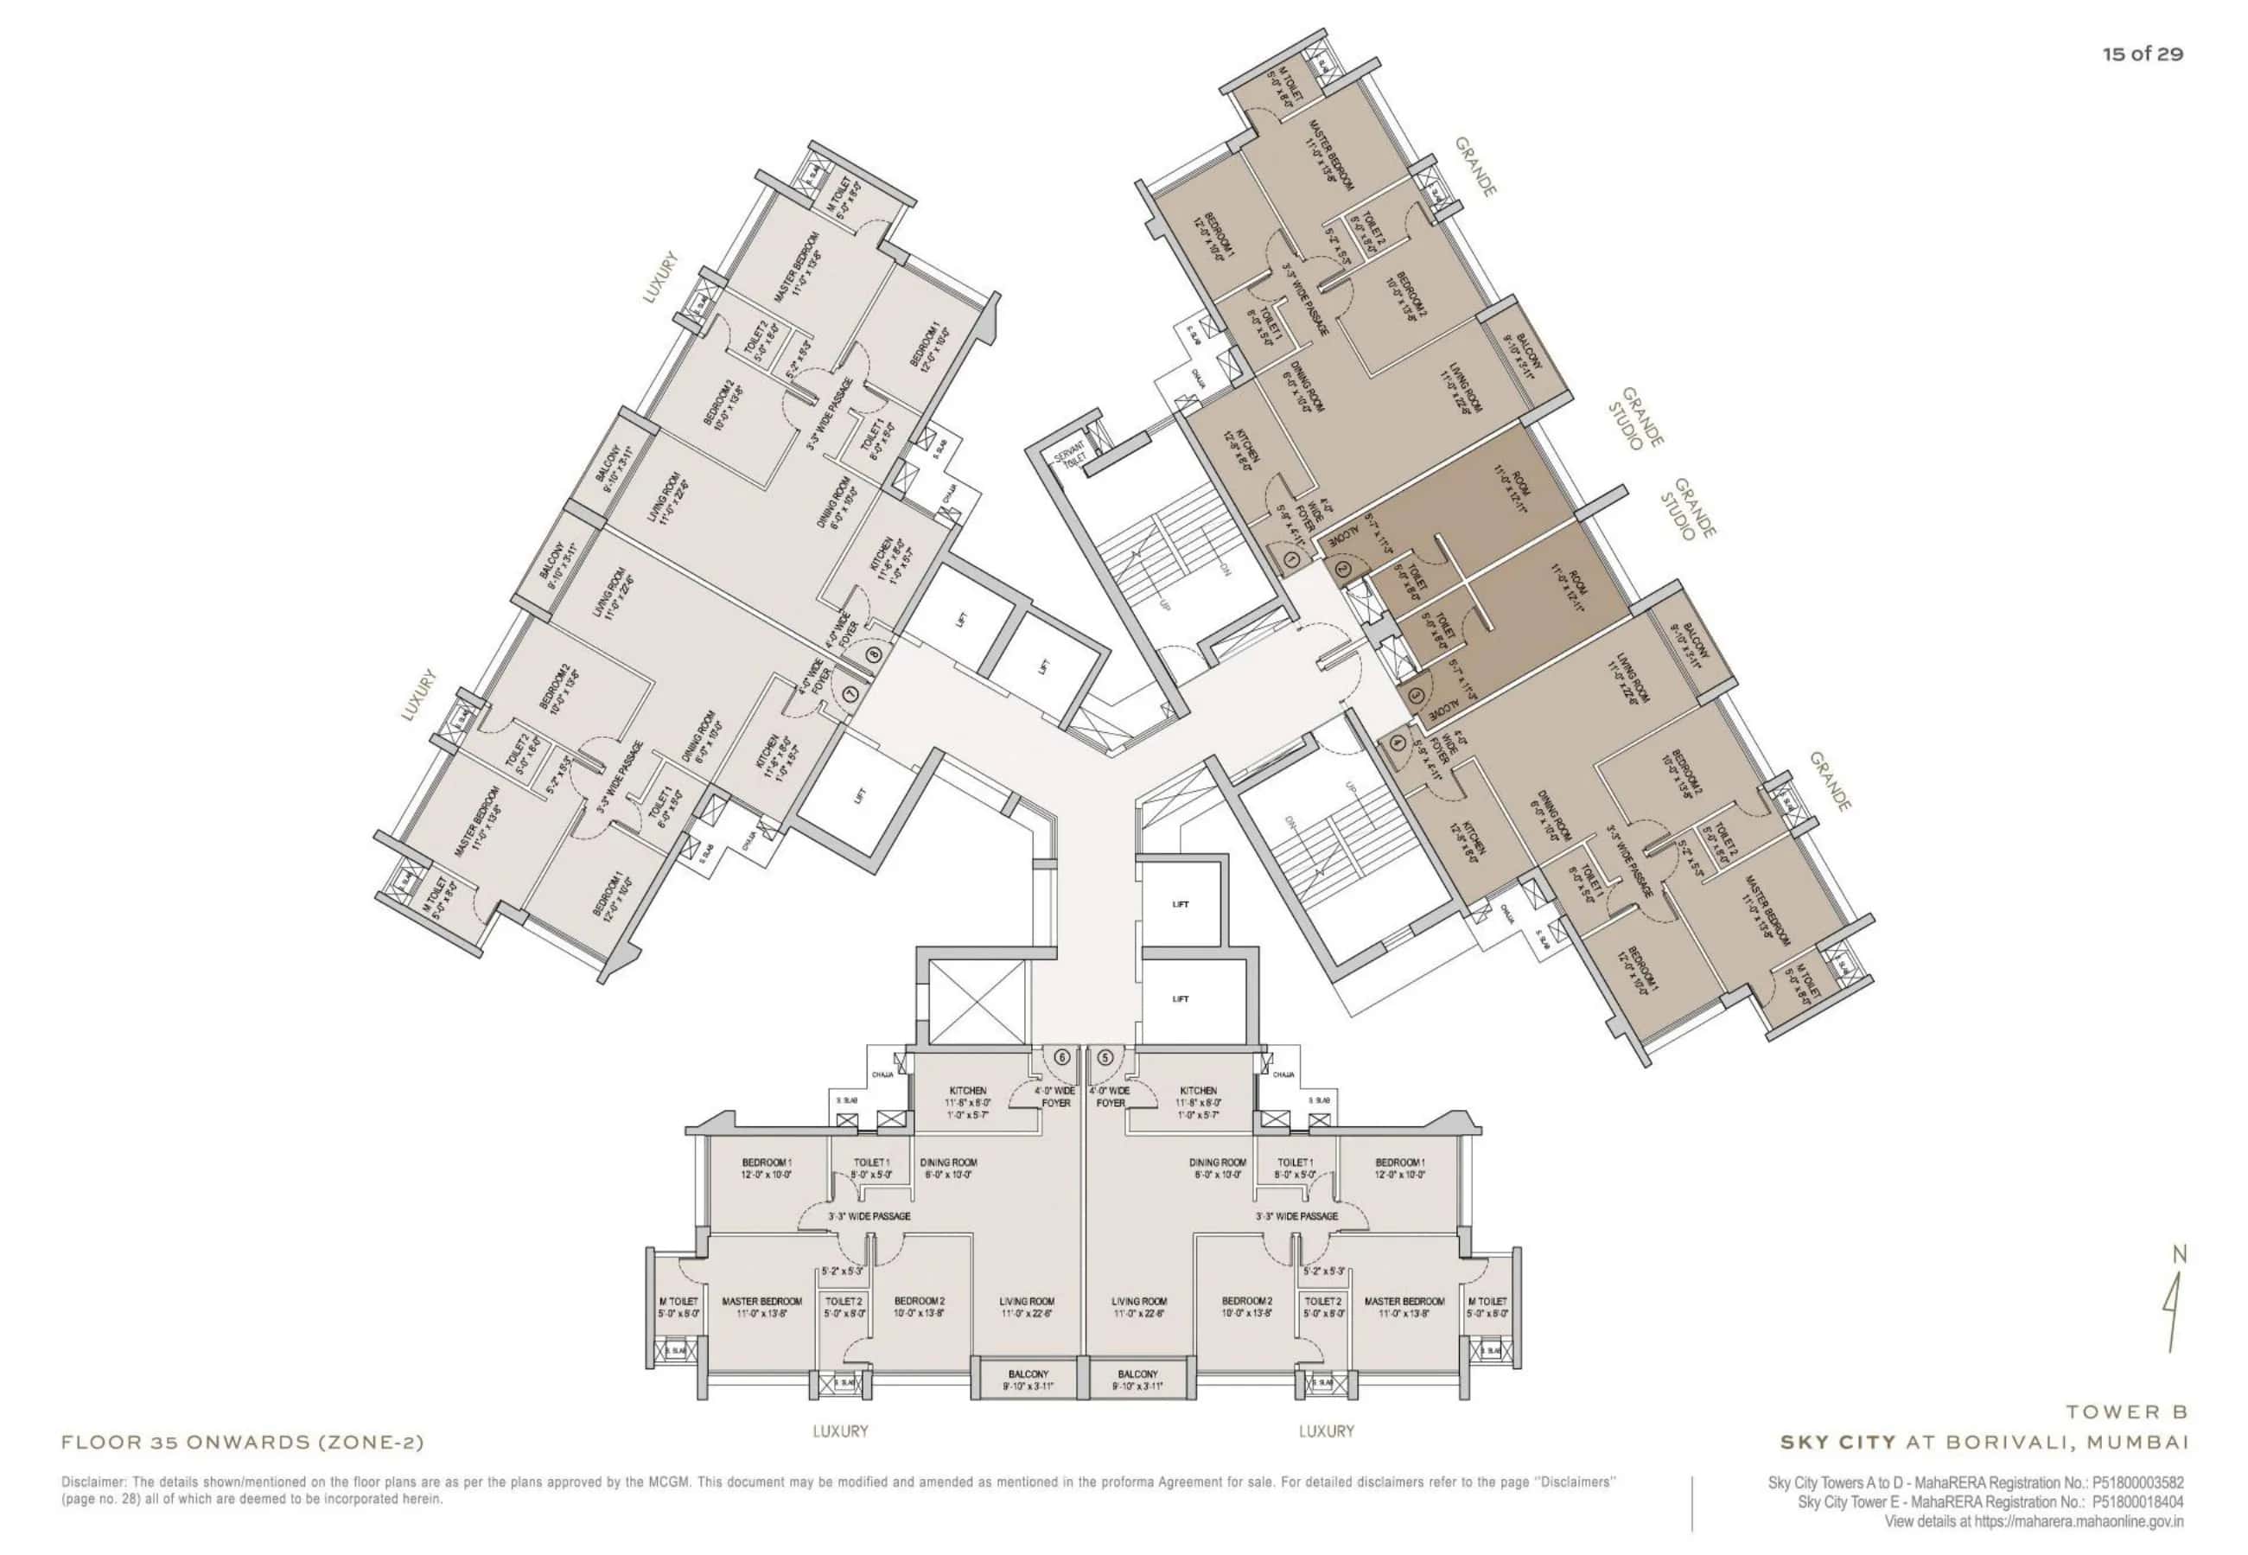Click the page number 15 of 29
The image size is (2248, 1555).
[2142, 54]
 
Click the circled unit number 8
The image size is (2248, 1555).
[874, 654]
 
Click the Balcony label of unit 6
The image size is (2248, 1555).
[1028, 1380]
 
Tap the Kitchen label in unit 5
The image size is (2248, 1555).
[1198, 1090]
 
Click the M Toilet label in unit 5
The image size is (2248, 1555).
[1487, 1301]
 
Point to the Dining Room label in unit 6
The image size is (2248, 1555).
[948, 1163]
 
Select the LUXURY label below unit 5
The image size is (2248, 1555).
[1326, 1431]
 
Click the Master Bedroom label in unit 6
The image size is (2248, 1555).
[761, 1301]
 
